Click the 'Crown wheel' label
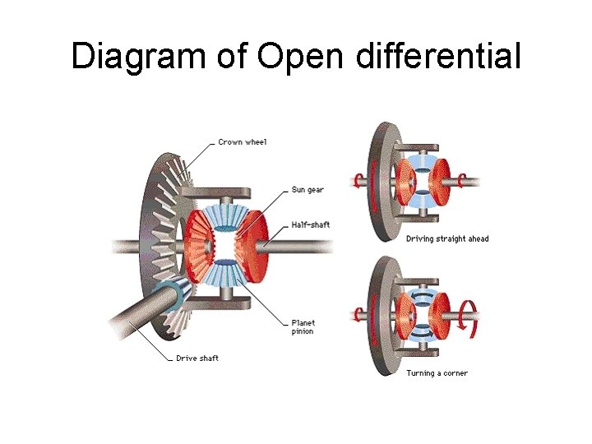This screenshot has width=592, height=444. click(x=242, y=142)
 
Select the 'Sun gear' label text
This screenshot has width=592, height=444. click(x=308, y=190)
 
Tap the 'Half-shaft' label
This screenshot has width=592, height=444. click(x=311, y=224)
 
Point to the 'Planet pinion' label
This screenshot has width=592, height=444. click(x=303, y=326)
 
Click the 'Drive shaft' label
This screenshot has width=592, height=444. click(x=197, y=358)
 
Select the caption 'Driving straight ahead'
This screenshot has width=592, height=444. click(x=446, y=239)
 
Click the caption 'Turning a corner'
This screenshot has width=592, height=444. click(x=437, y=373)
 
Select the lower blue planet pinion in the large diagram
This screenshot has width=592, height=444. click(x=220, y=275)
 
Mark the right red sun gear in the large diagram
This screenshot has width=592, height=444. click(x=252, y=245)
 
